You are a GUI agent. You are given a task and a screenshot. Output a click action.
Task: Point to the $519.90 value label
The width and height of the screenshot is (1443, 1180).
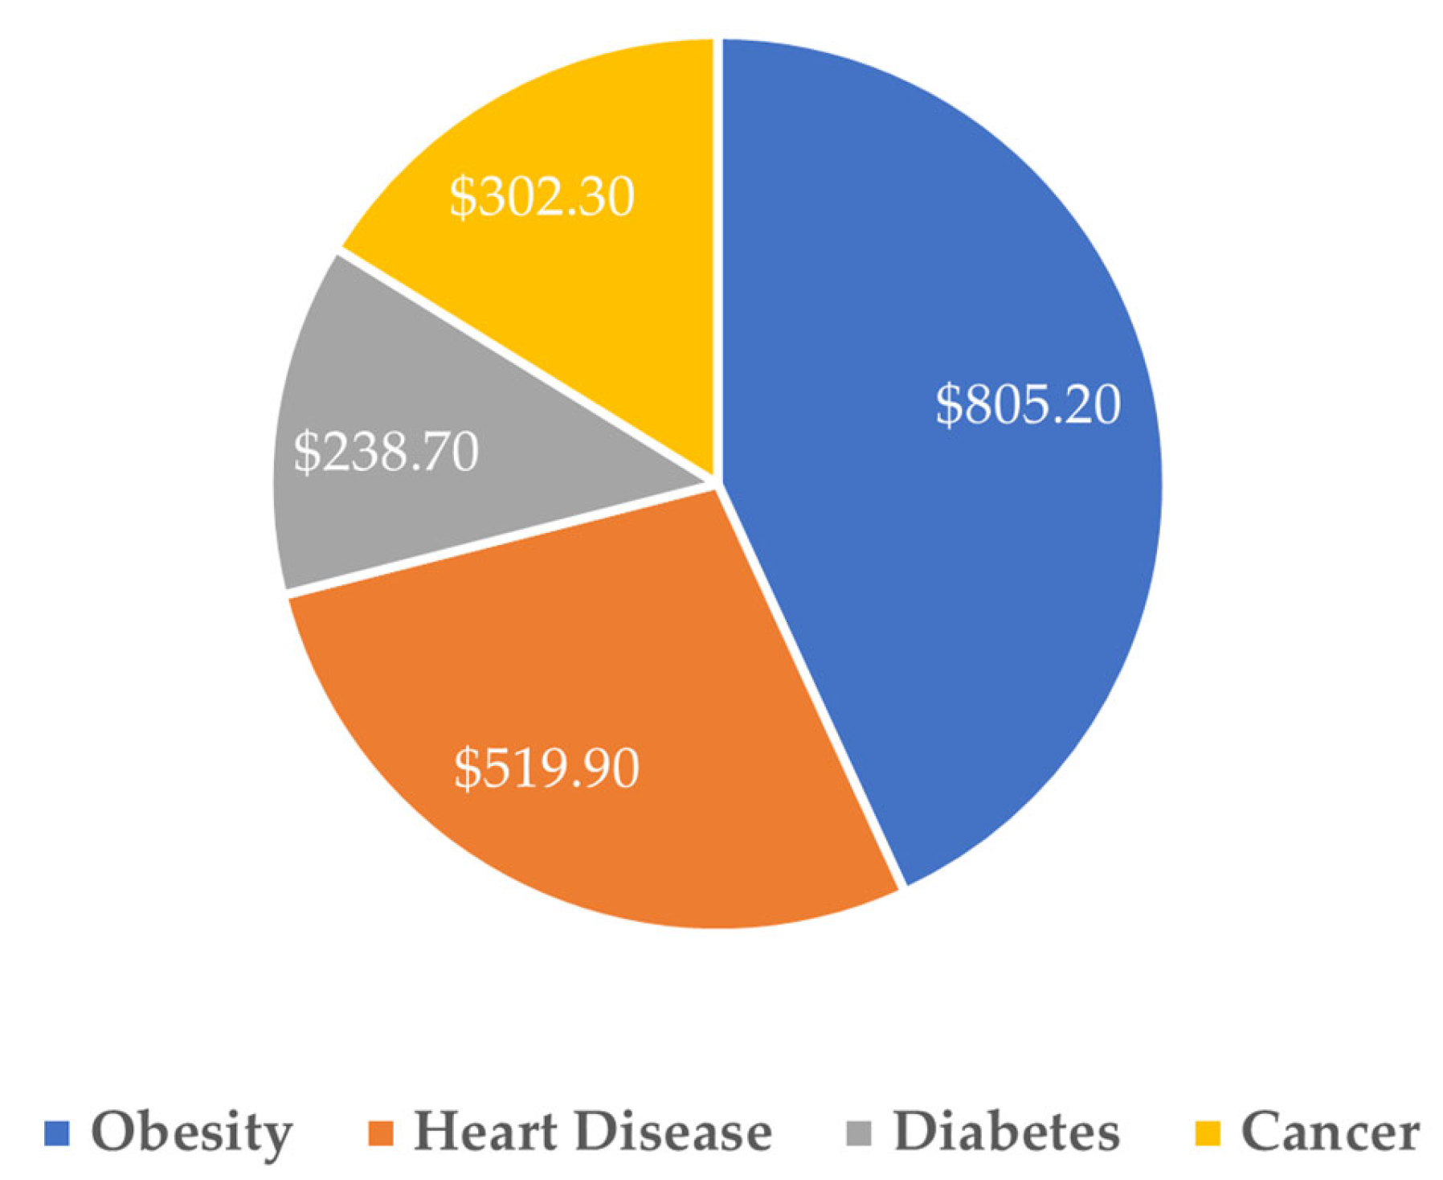click(x=546, y=768)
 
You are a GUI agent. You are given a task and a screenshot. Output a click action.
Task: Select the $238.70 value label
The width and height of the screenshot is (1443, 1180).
click(x=386, y=452)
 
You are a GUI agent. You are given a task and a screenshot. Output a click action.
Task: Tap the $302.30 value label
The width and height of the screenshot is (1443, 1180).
click(x=542, y=197)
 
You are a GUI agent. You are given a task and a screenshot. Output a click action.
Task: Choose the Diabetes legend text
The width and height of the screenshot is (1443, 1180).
click(x=1006, y=1132)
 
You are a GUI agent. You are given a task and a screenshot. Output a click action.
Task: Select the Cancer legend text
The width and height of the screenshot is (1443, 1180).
click(x=1330, y=1132)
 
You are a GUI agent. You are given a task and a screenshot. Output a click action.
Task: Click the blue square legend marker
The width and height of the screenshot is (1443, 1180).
click(x=57, y=1133)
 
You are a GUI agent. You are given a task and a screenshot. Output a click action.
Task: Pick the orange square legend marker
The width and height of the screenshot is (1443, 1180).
click(x=380, y=1133)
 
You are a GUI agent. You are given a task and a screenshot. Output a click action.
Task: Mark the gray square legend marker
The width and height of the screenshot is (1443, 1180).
click(x=859, y=1133)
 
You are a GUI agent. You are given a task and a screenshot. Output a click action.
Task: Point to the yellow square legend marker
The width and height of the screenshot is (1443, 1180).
click(x=1208, y=1133)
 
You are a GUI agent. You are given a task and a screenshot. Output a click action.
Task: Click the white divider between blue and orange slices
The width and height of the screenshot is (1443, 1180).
click(x=811, y=683)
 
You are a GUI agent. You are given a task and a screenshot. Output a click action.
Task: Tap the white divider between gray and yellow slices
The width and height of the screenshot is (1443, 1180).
click(x=522, y=366)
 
